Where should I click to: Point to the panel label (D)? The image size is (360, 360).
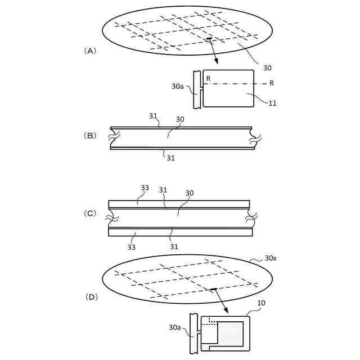90,296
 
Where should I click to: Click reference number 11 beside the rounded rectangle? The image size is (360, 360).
272,102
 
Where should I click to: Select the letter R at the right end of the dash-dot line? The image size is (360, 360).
272,83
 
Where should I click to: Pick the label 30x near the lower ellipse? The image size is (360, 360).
271,259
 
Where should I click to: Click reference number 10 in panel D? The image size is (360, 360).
261,303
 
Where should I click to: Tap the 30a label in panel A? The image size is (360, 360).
177,87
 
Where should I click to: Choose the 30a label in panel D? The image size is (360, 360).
175,327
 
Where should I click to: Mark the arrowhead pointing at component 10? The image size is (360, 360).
227,310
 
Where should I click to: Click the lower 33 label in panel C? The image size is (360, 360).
131,246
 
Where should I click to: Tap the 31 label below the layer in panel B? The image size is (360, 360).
170,158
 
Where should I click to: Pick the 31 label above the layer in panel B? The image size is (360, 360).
154,115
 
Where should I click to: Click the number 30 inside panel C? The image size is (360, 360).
190,193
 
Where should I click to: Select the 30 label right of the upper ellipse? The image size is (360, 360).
267,67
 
